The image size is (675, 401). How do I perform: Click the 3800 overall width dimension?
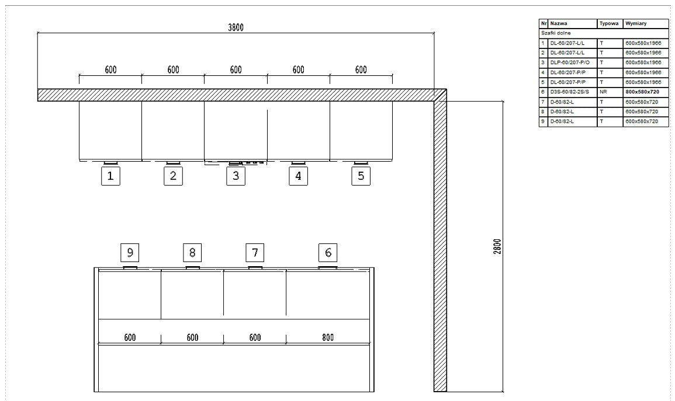pos(236,27)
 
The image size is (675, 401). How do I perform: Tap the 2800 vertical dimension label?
pos(497,246)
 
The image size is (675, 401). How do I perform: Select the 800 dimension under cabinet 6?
pos(328,337)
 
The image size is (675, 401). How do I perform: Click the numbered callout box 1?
pos(110,176)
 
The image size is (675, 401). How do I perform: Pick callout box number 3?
pos(236,176)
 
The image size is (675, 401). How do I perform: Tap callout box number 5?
pos(361,176)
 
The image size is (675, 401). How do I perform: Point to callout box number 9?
pos(130,252)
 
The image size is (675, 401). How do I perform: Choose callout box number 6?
pos(328,252)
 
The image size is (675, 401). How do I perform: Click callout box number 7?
pos(255,252)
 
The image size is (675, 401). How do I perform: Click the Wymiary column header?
pos(636,23)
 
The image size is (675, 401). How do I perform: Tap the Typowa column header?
pos(609,23)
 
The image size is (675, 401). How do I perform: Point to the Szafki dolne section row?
pos(556,33)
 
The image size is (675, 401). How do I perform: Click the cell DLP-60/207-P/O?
pos(570,63)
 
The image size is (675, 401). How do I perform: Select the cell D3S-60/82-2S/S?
pos(570,92)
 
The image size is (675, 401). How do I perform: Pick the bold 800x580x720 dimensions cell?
pos(642,92)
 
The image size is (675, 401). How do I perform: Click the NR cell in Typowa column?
pos(603,92)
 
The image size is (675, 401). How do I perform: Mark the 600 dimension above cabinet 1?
pos(110,69)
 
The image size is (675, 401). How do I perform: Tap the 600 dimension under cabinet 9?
pos(130,337)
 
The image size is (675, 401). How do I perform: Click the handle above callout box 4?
pos(298,163)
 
